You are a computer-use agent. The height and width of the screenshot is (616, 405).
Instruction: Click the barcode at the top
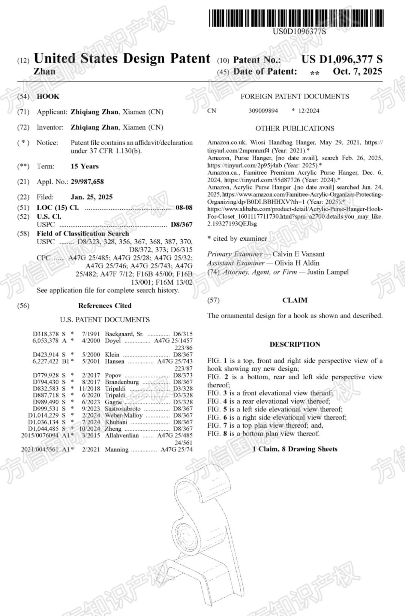296,18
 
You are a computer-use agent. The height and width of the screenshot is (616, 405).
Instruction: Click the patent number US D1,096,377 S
342,59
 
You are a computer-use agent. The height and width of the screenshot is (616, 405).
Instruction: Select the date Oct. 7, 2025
357,71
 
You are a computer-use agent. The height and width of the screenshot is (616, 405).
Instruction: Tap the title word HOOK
48,96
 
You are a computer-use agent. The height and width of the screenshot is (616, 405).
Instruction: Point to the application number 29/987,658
87,182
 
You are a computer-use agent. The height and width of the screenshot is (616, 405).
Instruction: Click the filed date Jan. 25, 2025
91,197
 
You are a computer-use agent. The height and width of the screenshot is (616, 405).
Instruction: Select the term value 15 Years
85,166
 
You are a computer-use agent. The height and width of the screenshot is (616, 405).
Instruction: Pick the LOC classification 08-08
184,207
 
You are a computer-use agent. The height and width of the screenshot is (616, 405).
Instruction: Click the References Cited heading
105,306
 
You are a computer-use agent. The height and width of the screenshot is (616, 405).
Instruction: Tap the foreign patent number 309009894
263,110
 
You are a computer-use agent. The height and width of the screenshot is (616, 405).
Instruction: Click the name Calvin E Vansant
298,254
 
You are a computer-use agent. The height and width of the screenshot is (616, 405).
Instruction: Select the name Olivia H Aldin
297,263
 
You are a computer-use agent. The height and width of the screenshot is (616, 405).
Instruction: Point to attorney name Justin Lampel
328,272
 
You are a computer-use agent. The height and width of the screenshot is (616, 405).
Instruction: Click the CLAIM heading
295,300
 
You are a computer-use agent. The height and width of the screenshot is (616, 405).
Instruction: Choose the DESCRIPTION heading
295,344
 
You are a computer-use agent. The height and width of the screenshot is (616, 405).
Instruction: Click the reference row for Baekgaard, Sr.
112,334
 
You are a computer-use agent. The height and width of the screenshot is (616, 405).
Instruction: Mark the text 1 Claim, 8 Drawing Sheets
295,449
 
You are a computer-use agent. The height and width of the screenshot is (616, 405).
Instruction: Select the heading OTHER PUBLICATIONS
295,128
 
